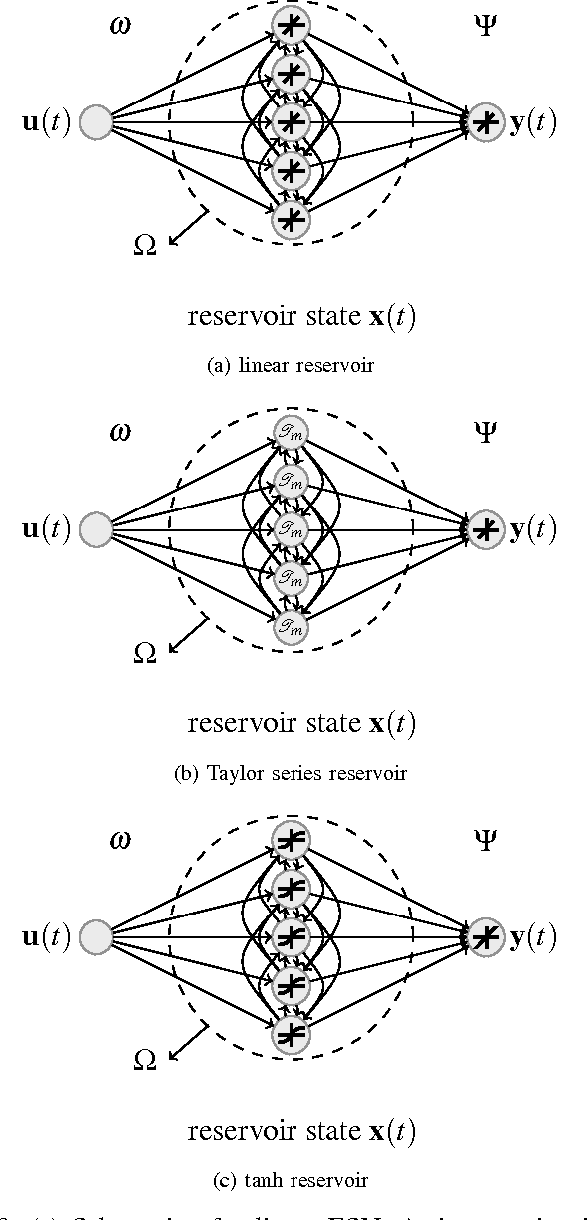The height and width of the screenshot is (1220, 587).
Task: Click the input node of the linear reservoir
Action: pos(96,123)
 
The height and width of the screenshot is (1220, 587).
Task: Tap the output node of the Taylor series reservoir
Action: pos(486,529)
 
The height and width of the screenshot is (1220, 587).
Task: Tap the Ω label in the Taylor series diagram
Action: pos(145,653)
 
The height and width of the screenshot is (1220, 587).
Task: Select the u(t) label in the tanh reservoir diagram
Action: pos(45,937)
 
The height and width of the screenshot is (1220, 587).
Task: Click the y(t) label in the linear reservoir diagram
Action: pos(532,123)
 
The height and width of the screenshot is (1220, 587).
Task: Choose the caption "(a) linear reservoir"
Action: pos(290,366)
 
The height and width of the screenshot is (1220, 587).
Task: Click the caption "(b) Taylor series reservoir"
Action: pos(291,773)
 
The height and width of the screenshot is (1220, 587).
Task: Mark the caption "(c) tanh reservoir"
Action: pos(291,1180)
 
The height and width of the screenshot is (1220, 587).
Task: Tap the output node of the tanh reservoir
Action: pos(486,936)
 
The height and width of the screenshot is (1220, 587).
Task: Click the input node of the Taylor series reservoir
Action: pos(96,529)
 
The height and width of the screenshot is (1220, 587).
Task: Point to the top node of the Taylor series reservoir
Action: pos(291,431)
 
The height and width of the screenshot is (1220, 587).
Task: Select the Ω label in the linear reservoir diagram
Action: pos(145,246)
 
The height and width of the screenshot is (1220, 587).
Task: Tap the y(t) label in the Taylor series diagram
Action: pos(532,529)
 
